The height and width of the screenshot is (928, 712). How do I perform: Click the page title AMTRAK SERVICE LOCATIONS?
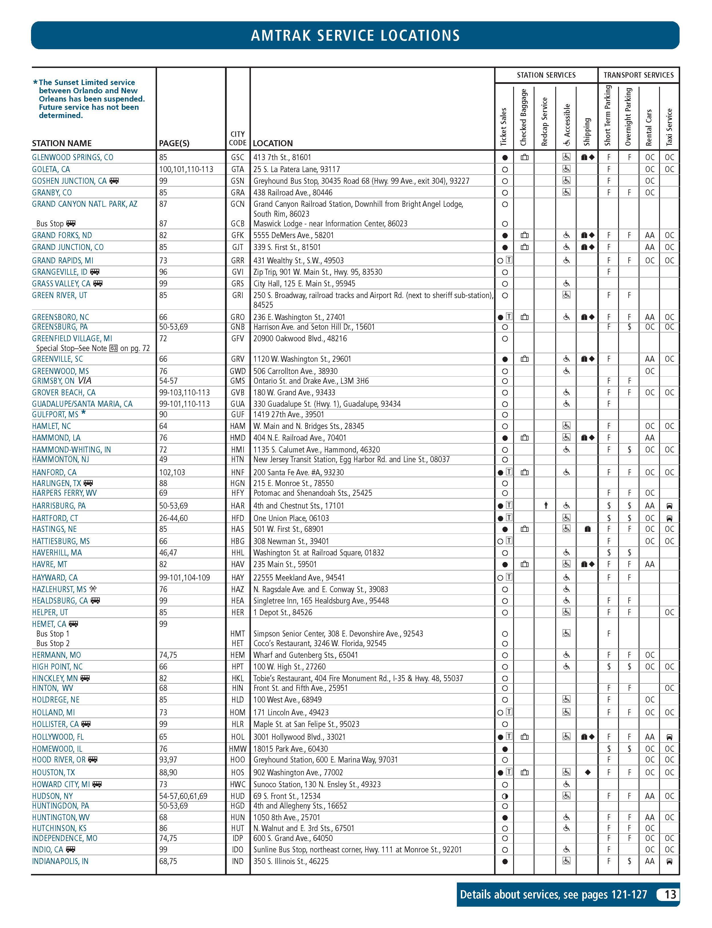tap(355, 35)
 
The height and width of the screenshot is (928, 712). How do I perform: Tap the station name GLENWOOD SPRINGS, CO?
tap(73, 157)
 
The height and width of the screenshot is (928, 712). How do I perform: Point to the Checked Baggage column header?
tap(523, 117)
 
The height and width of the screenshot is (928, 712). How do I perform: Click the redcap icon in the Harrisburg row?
tap(546, 505)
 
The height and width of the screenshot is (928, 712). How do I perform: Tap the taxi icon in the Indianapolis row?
tap(669, 861)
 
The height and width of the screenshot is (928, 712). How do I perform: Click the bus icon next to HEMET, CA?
tap(73, 624)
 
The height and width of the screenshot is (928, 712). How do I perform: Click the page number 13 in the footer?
tap(670, 894)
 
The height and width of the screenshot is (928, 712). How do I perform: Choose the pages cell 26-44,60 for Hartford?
tap(173, 518)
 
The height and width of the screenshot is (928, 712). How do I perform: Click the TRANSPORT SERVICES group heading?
tap(638, 75)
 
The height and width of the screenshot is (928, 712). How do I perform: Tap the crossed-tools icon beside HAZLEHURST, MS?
tap(93, 589)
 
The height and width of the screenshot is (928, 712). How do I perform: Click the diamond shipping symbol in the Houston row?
tap(587, 772)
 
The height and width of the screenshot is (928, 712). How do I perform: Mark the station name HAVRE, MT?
tap(49, 564)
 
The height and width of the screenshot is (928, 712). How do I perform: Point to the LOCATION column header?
tap(273, 143)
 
